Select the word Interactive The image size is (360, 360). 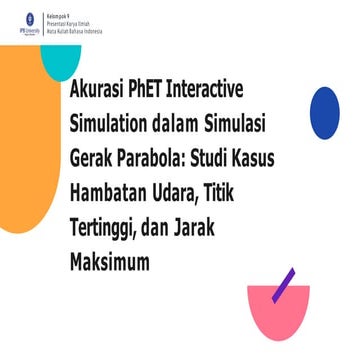pyautogui.click(x=232, y=89)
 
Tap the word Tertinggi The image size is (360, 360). pyautogui.click(x=108, y=229)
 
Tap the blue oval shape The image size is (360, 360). pyautogui.click(x=324, y=112)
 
